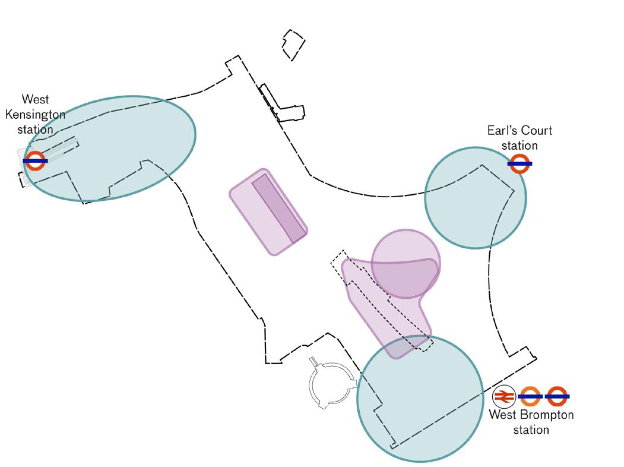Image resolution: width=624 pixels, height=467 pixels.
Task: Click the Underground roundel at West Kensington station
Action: (35, 160)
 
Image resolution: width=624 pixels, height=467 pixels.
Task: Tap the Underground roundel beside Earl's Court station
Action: (520, 163)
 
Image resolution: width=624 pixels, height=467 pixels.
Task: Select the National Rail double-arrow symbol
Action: (504, 396)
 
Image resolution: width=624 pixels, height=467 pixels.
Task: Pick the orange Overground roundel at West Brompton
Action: (530, 396)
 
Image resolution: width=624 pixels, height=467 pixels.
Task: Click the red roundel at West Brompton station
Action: (558, 396)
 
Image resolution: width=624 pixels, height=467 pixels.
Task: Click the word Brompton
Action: (544, 415)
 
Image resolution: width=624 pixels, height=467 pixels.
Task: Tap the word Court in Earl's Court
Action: (536, 131)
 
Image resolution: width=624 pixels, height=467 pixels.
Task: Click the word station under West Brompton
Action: (531, 429)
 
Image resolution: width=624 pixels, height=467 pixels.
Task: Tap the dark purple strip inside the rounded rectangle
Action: (279, 208)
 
